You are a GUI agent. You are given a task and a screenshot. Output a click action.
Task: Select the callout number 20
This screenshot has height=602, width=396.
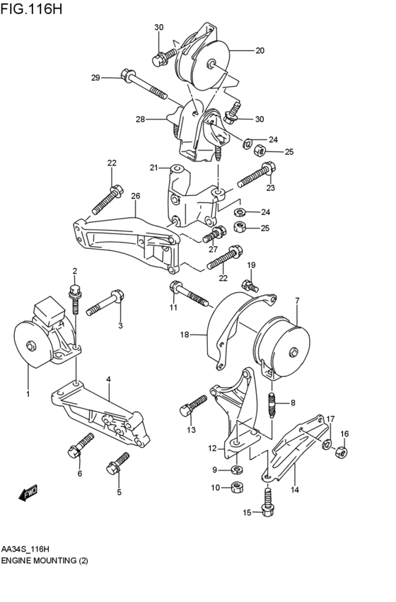(260, 51)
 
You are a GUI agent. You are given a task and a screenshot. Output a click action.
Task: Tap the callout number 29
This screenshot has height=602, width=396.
(96, 77)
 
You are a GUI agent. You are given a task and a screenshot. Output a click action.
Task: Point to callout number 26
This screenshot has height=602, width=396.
(135, 196)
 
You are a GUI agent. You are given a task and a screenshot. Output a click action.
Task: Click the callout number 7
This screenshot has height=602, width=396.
(297, 301)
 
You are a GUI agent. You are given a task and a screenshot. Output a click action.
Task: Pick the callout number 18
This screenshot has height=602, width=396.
(184, 335)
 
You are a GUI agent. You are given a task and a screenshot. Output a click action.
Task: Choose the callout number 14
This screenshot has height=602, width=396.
(293, 488)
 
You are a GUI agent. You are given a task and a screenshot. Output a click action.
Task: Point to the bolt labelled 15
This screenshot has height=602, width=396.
(267, 506)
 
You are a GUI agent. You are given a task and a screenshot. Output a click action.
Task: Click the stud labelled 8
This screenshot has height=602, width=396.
(273, 404)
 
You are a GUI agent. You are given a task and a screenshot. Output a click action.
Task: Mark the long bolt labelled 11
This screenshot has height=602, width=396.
(187, 293)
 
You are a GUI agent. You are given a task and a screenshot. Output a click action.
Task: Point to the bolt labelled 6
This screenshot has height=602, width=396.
(80, 447)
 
